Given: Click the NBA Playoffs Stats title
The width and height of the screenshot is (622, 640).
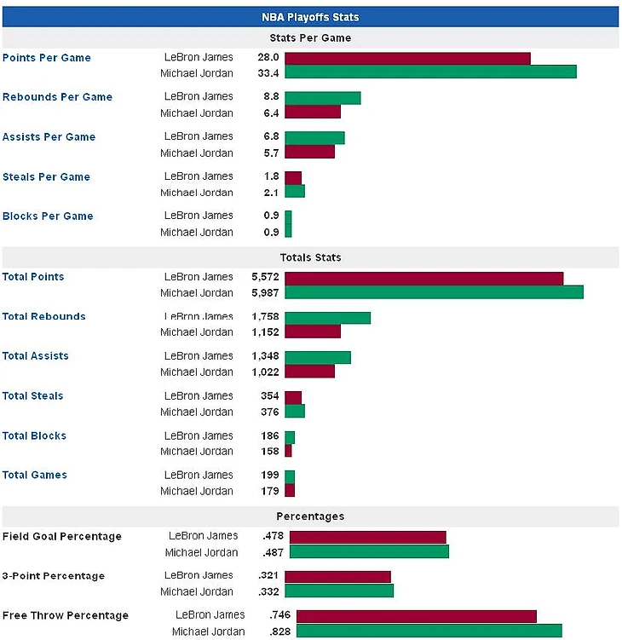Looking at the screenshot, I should coord(310,16).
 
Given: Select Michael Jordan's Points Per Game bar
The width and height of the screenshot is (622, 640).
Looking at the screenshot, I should coord(430,72).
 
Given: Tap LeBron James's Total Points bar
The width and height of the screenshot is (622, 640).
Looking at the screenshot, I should coord(423,278).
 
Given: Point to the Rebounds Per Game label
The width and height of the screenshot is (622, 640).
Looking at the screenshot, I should coord(57,97).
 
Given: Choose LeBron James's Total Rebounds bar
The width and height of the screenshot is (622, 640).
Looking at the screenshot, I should coord(327,318).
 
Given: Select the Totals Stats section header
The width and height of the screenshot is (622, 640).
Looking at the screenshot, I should coord(310,257).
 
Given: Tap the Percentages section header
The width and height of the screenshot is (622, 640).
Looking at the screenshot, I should coord(310,516).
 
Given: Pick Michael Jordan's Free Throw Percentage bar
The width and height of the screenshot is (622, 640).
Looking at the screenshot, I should coord(429,631).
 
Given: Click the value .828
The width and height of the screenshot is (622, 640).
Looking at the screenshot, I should coord(280,631).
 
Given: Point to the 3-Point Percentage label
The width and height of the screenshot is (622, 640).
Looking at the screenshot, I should coord(54,576).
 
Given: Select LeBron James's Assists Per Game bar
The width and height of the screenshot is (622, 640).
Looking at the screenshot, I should coord(314,137).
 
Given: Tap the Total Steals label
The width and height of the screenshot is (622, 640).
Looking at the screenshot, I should coord(32,396).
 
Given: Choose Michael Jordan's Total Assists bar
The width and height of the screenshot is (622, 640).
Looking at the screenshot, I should coord(309,372).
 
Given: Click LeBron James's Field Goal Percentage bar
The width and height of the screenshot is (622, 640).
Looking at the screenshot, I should coord(367,537).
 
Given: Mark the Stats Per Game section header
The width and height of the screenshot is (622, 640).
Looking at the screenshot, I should coord(310,37).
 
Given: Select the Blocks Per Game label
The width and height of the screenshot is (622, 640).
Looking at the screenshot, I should coord(48,216).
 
